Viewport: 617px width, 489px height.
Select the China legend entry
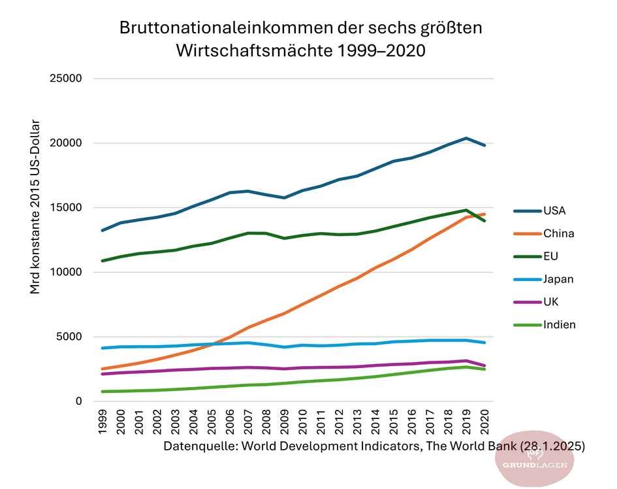(558, 233)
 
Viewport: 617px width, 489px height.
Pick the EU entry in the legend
(550, 256)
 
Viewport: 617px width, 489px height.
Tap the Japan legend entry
(558, 279)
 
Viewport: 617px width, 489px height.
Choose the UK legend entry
(551, 302)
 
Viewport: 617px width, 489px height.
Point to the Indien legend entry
(560, 325)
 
